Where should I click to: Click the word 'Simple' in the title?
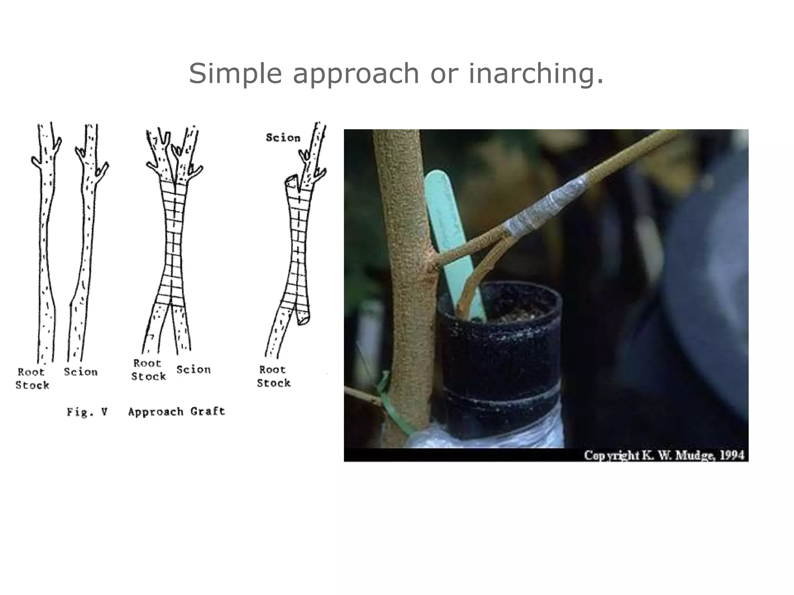[x=235, y=74]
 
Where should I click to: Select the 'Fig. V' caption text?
[x=87, y=412]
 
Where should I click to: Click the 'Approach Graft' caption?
[x=176, y=411]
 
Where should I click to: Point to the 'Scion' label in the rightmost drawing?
[x=283, y=138]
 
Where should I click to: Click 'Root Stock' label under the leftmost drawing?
[x=32, y=378]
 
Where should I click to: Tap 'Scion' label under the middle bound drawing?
[x=193, y=370]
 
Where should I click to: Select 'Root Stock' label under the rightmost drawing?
[x=273, y=376]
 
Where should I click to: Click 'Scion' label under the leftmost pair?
[x=81, y=372]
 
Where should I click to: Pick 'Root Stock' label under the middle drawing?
[x=148, y=370]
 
